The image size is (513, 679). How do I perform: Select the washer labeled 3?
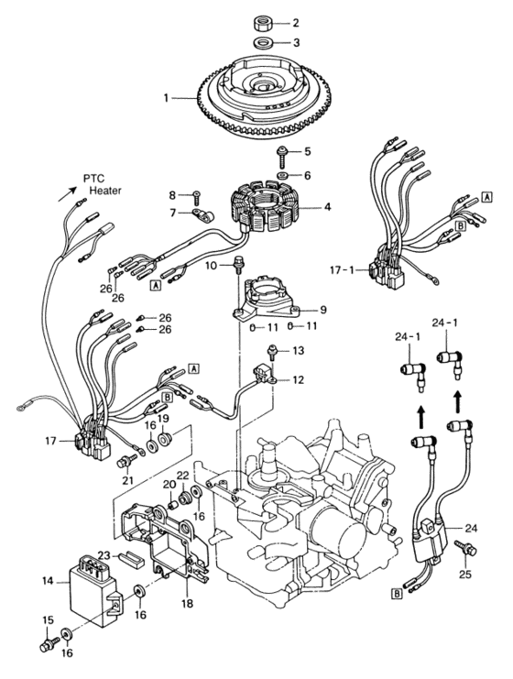(261, 43)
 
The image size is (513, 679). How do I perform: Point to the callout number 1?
(166, 98)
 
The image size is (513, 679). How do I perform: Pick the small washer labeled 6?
(284, 176)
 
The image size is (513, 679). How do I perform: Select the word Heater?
(105, 190)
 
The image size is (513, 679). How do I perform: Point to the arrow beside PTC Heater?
(67, 194)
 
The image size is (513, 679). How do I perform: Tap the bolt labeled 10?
(237, 264)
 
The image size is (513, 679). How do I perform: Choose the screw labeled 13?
(272, 352)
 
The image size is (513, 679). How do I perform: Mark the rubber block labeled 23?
(131, 558)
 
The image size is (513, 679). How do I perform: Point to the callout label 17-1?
(342, 270)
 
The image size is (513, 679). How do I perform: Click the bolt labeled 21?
(124, 461)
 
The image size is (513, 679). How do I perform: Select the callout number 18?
(188, 603)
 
